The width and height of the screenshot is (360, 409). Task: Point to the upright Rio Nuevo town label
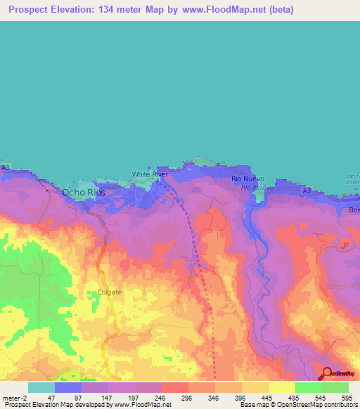pyautogui.click(x=247, y=179)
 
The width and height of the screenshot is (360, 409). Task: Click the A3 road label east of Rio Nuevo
pyautogui.click(x=306, y=190)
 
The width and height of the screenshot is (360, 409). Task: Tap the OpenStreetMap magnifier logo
pyautogui.click(x=327, y=373)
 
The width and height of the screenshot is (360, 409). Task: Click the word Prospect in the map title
pyautogui.click(x=32, y=10)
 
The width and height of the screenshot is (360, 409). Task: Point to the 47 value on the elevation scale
pyautogui.click(x=51, y=398)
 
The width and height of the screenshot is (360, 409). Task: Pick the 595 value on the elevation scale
pyautogui.click(x=347, y=398)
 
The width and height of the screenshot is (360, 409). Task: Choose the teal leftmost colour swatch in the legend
pyautogui.click(x=41, y=387)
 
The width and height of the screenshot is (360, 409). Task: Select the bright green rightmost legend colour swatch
pyautogui.click(x=335, y=387)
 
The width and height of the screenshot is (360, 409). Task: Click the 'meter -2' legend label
pyautogui.click(x=15, y=398)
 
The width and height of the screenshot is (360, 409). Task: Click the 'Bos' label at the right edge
pyautogui.click(x=354, y=210)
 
